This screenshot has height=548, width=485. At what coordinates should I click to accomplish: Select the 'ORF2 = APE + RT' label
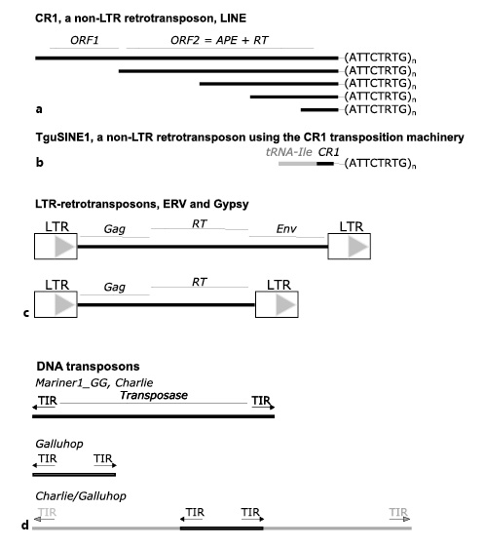pyautogui.click(x=220, y=43)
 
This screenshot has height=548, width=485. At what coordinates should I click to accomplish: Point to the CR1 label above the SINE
pyautogui.click(x=328, y=152)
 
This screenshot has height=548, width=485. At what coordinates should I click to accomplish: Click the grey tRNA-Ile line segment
pyautogui.click(x=297, y=163)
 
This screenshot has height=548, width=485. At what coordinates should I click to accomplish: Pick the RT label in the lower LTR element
pyautogui.click(x=200, y=282)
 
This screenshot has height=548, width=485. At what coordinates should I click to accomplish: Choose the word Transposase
pyautogui.click(x=152, y=396)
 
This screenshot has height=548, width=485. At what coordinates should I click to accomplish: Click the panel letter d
pyautogui.click(x=24, y=527)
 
